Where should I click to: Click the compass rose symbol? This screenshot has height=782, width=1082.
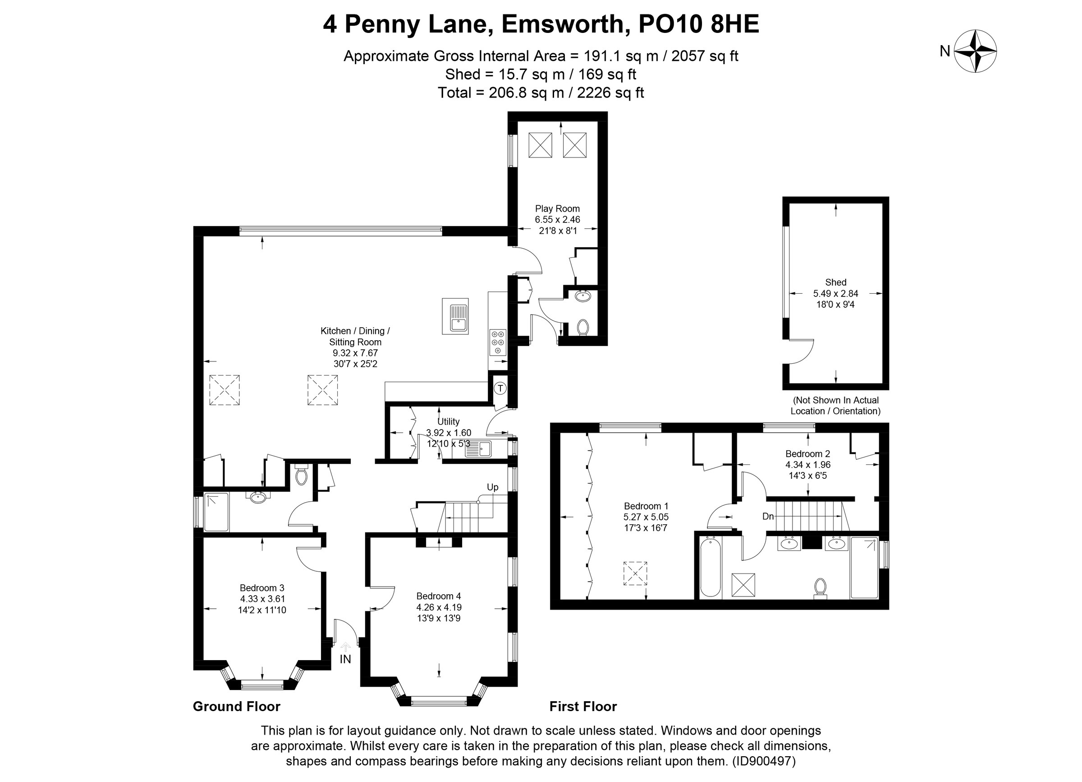click(x=975, y=51)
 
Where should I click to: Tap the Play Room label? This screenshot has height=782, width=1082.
click(x=557, y=208)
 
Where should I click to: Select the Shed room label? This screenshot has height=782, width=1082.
click(x=835, y=282)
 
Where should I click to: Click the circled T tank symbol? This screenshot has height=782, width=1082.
click(x=500, y=388)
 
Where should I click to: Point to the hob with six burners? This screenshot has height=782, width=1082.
click(x=498, y=342)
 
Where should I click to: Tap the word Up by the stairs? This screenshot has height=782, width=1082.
click(x=492, y=487)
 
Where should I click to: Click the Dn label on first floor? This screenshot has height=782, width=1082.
click(x=768, y=517)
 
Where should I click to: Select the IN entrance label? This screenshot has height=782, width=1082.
click(x=345, y=659)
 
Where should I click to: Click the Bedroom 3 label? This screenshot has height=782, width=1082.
click(x=262, y=588)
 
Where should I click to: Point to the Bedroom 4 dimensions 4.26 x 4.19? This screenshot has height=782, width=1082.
click(x=439, y=608)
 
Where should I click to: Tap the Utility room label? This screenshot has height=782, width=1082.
click(x=449, y=421)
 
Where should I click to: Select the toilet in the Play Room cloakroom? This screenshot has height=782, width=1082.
click(x=582, y=328)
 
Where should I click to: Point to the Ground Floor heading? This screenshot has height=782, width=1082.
click(x=237, y=707)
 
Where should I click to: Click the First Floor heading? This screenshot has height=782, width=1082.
click(x=583, y=707)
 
